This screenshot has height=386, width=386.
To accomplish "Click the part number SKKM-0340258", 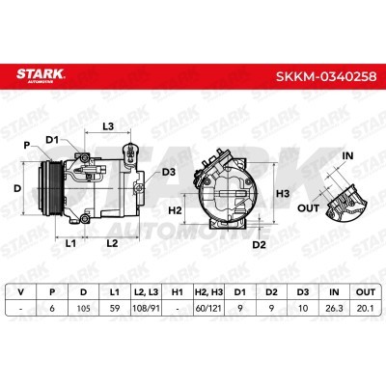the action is click(x=326, y=76).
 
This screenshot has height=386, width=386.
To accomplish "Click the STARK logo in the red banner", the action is click(x=41, y=75).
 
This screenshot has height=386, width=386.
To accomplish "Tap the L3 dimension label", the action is click(x=108, y=126).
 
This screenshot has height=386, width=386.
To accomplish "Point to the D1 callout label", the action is click(x=52, y=140).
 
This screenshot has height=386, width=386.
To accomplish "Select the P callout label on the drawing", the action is click(x=27, y=146).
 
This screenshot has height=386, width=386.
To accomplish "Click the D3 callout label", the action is click(x=169, y=172).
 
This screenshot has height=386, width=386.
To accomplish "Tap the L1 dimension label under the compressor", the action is click(x=70, y=243).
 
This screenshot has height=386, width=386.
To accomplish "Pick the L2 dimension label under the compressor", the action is click(x=112, y=243).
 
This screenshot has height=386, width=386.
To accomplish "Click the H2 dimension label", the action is click(x=175, y=210).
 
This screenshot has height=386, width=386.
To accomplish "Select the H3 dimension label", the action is click(x=283, y=194).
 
